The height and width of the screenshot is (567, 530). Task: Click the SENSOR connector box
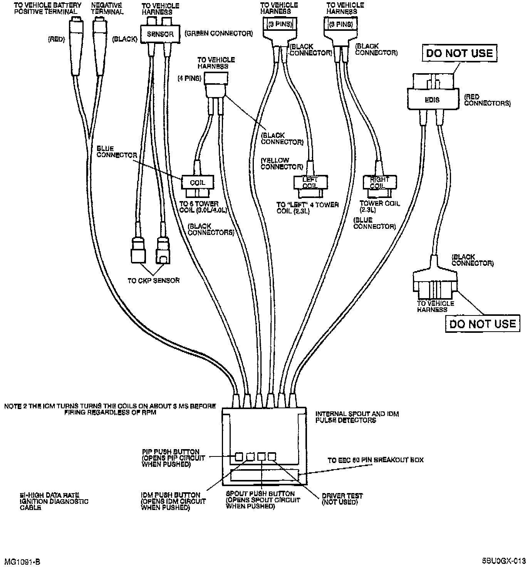tap(160, 34)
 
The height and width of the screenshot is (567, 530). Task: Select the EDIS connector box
tap(433, 100)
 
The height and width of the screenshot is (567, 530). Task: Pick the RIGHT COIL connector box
tap(379, 182)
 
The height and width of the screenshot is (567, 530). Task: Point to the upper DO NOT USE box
tap(459, 53)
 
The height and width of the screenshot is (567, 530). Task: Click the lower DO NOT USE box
tap(482, 324)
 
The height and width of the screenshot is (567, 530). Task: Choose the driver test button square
tap(272, 456)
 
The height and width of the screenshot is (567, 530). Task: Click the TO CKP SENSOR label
tap(153, 280)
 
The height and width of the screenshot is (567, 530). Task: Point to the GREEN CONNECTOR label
tap(218, 34)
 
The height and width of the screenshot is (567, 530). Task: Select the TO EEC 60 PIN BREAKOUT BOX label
tap(375, 460)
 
